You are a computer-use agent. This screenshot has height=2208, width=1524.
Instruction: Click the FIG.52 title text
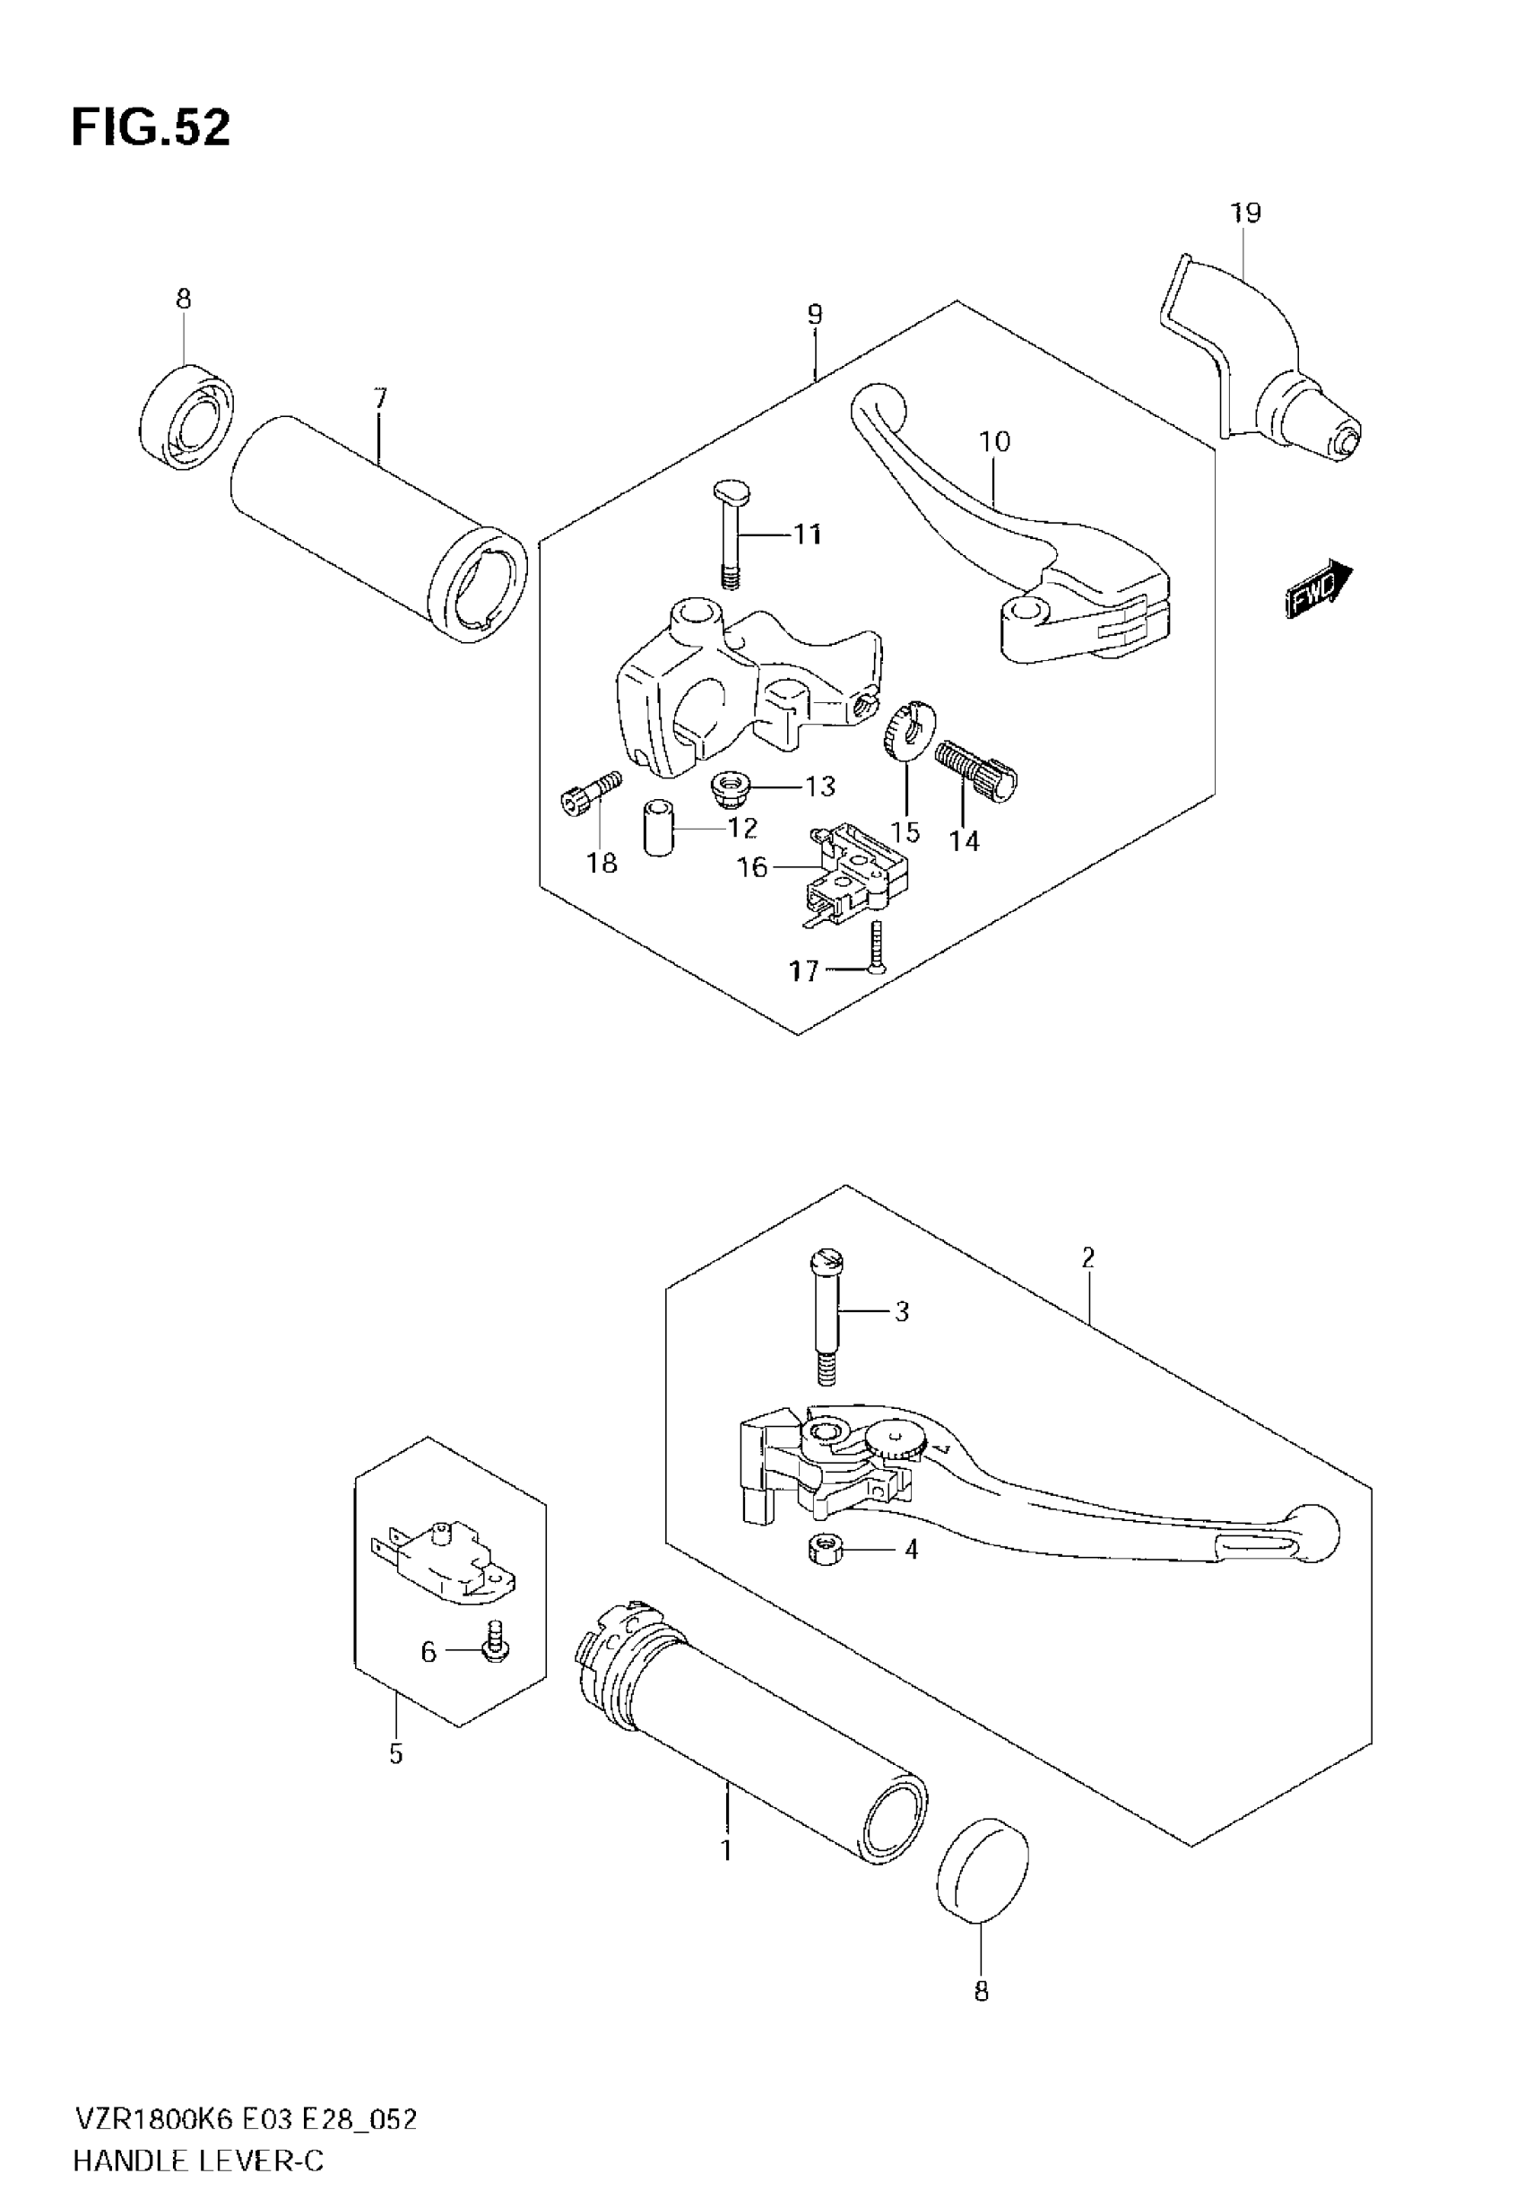coord(151,128)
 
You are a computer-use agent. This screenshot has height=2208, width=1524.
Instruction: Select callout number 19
coord(1245,213)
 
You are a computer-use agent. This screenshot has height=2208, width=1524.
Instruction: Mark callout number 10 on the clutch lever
coord(994,441)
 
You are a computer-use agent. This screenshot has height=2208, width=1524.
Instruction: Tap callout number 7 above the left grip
coord(380,398)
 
